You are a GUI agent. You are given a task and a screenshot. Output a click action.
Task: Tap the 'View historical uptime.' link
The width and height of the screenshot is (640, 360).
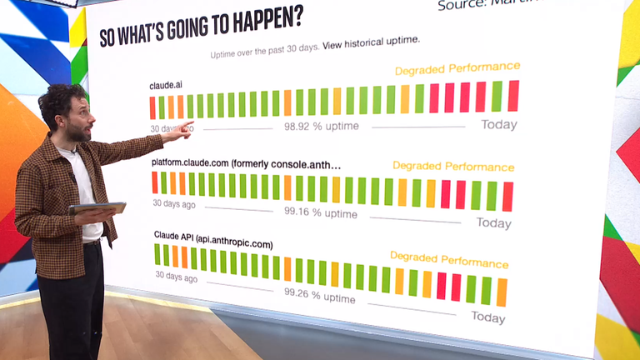click(x=372, y=40)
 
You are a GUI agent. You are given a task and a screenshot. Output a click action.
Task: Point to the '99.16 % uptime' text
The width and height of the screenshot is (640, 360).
click(x=321, y=213)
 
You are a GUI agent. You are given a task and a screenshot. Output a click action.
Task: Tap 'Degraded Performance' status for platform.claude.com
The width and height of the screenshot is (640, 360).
click(x=453, y=167)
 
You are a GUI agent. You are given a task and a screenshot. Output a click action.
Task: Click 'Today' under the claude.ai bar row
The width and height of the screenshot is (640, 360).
click(x=499, y=125)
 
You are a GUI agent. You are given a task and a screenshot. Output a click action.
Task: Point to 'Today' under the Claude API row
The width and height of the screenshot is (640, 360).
click(x=488, y=317)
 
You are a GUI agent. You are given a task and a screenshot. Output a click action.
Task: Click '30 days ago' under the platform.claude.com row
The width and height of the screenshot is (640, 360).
click(x=175, y=203)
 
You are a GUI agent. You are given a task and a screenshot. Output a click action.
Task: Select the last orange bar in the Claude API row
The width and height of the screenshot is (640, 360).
click(x=502, y=292)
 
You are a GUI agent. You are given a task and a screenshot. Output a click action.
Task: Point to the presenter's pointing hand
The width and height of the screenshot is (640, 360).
click(x=182, y=131)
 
